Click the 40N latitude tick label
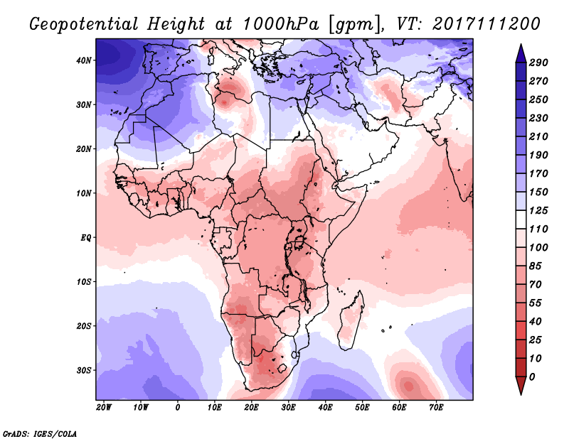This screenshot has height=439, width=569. coord(84,60)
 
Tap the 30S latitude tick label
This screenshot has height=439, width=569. coord(84,370)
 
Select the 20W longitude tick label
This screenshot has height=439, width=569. coord(104,408)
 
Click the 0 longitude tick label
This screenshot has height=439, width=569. coord(178,408)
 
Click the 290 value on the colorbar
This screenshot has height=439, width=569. coord(538,63)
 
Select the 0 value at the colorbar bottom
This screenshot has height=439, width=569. coord(533,376)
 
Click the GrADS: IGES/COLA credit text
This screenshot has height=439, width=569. coord(39,432)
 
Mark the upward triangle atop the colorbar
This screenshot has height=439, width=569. coord(520,51)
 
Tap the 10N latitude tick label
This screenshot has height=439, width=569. coord(84,193)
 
